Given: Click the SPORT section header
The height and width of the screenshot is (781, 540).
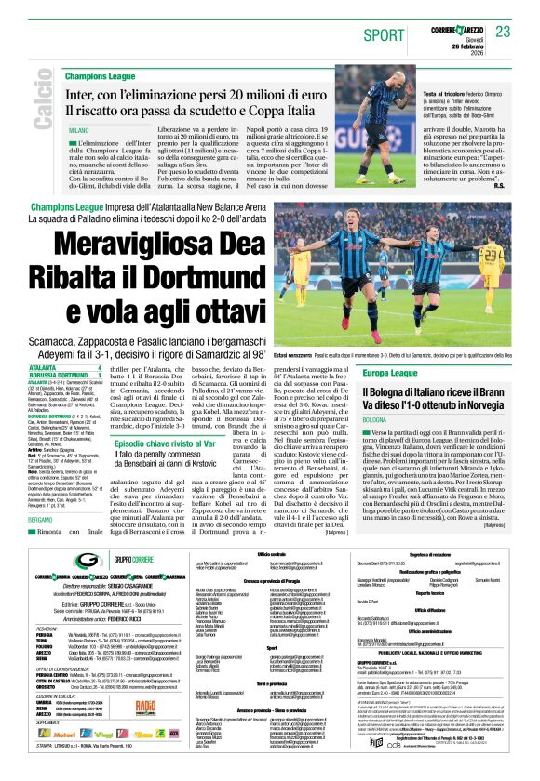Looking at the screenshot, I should pos(384,35).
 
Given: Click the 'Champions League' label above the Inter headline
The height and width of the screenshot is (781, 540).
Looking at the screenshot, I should pos(101,75).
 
